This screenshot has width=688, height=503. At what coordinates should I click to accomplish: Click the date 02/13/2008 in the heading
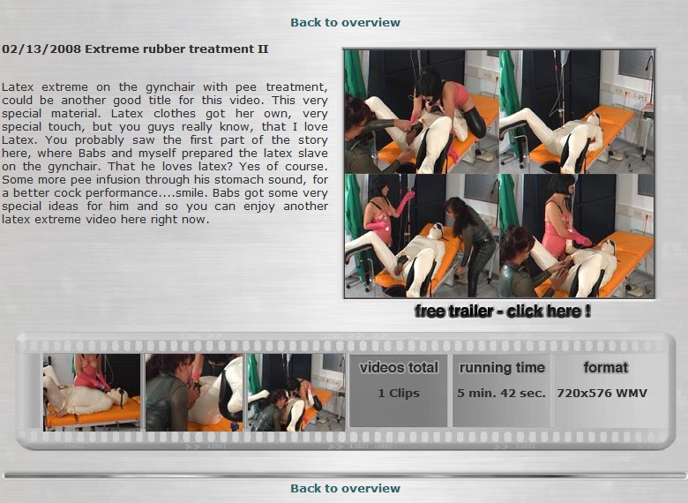coord(41,49)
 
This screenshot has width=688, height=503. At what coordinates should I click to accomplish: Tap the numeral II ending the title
coord(262,49)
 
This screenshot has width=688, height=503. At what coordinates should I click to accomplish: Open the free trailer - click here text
coord(503,312)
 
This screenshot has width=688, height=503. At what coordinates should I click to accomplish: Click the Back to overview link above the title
coord(345,22)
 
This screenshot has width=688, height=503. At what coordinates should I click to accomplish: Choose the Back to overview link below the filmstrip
coord(345,488)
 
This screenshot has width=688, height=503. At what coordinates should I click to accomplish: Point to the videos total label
coord(399,367)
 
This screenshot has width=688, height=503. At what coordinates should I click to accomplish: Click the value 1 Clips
coord(399,394)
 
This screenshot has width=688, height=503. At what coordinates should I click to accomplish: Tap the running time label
coord(502,367)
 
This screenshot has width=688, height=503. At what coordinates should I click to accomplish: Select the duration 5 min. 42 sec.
coord(502,394)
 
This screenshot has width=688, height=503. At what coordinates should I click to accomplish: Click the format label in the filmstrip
coord(605,367)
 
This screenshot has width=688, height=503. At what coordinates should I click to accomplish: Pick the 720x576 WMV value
coord(602,394)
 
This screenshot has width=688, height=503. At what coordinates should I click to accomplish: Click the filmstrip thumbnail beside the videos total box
coord(296,393)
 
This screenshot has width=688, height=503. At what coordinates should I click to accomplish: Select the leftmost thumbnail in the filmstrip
coord(92,393)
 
